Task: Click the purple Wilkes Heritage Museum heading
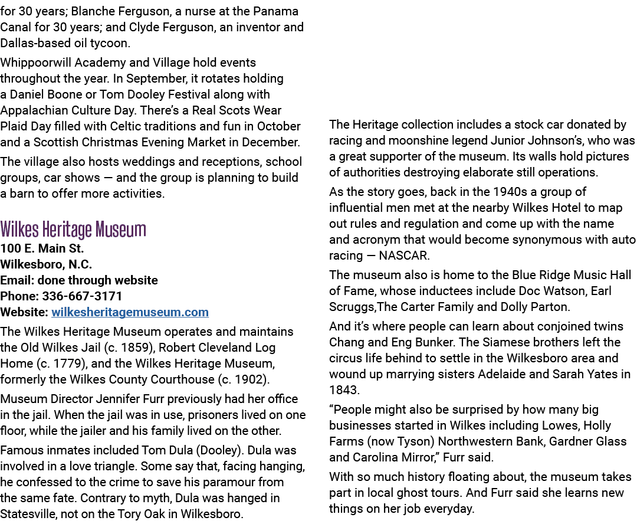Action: pos(73,230)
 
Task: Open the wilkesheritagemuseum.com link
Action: pos(130,312)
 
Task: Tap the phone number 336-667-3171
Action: pos(82,296)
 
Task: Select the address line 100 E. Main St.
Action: pos(42,248)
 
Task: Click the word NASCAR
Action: pos(404,256)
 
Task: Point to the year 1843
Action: pos(344,390)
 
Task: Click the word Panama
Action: pos(276,11)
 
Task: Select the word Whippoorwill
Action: pos(36,63)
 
